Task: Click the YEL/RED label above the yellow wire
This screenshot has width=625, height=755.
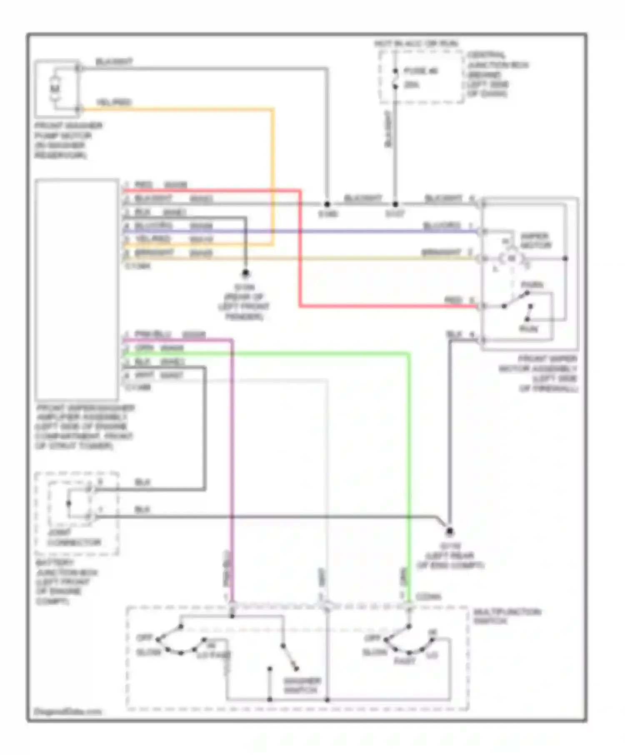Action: tap(114, 102)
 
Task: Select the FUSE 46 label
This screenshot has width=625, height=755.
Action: tap(421, 71)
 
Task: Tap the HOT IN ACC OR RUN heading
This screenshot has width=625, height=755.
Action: tap(416, 44)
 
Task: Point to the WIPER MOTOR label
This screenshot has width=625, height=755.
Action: tap(535, 241)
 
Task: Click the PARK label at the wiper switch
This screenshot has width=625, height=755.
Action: tap(532, 285)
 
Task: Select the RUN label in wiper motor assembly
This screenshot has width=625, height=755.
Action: tap(528, 329)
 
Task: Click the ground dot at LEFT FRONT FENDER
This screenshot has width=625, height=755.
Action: tap(245, 273)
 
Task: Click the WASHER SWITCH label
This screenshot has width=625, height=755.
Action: tap(302, 685)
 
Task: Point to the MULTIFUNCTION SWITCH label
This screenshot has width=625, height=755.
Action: tap(507, 616)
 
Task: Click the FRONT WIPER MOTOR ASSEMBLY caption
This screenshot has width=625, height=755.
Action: tap(538, 373)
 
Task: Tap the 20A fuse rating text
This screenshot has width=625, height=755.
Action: tap(412, 85)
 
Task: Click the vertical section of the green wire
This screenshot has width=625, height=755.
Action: tap(409, 458)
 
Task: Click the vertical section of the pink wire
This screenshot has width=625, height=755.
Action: tap(232, 458)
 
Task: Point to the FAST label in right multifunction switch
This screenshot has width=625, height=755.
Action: tap(405, 661)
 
